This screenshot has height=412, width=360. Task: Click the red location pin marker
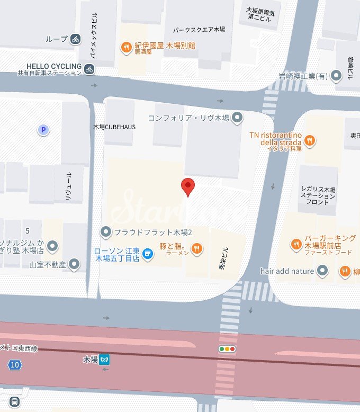click(x=188, y=186)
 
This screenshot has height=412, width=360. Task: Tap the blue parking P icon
click(x=43, y=129)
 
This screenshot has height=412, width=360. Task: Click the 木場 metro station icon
click(x=105, y=360)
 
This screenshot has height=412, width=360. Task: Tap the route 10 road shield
click(x=14, y=364)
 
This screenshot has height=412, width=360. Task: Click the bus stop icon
click(x=14, y=402)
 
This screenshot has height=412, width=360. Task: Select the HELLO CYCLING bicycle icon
click(x=89, y=68)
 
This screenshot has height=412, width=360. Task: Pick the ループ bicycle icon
click(x=75, y=39)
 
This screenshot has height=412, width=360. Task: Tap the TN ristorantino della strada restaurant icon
click(x=310, y=141)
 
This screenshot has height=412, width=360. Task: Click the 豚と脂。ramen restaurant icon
click(x=196, y=248)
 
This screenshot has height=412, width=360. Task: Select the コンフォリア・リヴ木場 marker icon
click(x=238, y=117)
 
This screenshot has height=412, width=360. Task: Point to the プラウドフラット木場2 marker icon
click(x=106, y=232)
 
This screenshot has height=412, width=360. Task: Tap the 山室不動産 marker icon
click(x=75, y=264)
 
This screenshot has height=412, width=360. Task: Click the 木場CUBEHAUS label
click(x=114, y=127)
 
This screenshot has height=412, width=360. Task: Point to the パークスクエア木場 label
click(x=203, y=30)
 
